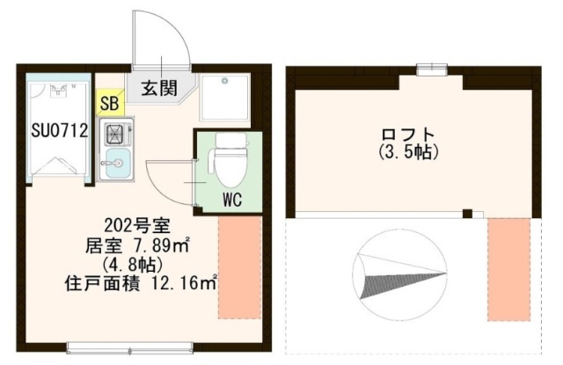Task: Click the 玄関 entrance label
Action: click(x=159, y=88)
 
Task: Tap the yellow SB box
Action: click(x=110, y=103)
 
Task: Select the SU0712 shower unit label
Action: click(x=60, y=131)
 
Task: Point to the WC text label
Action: click(x=232, y=200)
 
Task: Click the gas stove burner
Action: click(x=114, y=134)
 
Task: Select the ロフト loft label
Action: click(x=408, y=135)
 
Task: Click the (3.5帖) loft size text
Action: click(x=408, y=152)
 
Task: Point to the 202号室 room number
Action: click(x=137, y=226)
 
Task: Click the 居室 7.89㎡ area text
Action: click(x=137, y=246)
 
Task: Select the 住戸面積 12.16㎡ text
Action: click(x=141, y=283)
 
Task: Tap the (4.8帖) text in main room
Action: click(x=133, y=266)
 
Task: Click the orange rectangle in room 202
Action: click(x=239, y=267)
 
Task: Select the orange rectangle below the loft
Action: click(x=508, y=269)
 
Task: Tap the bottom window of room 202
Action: click(x=129, y=347)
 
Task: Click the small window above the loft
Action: click(x=432, y=70)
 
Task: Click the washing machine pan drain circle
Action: click(x=225, y=81)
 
